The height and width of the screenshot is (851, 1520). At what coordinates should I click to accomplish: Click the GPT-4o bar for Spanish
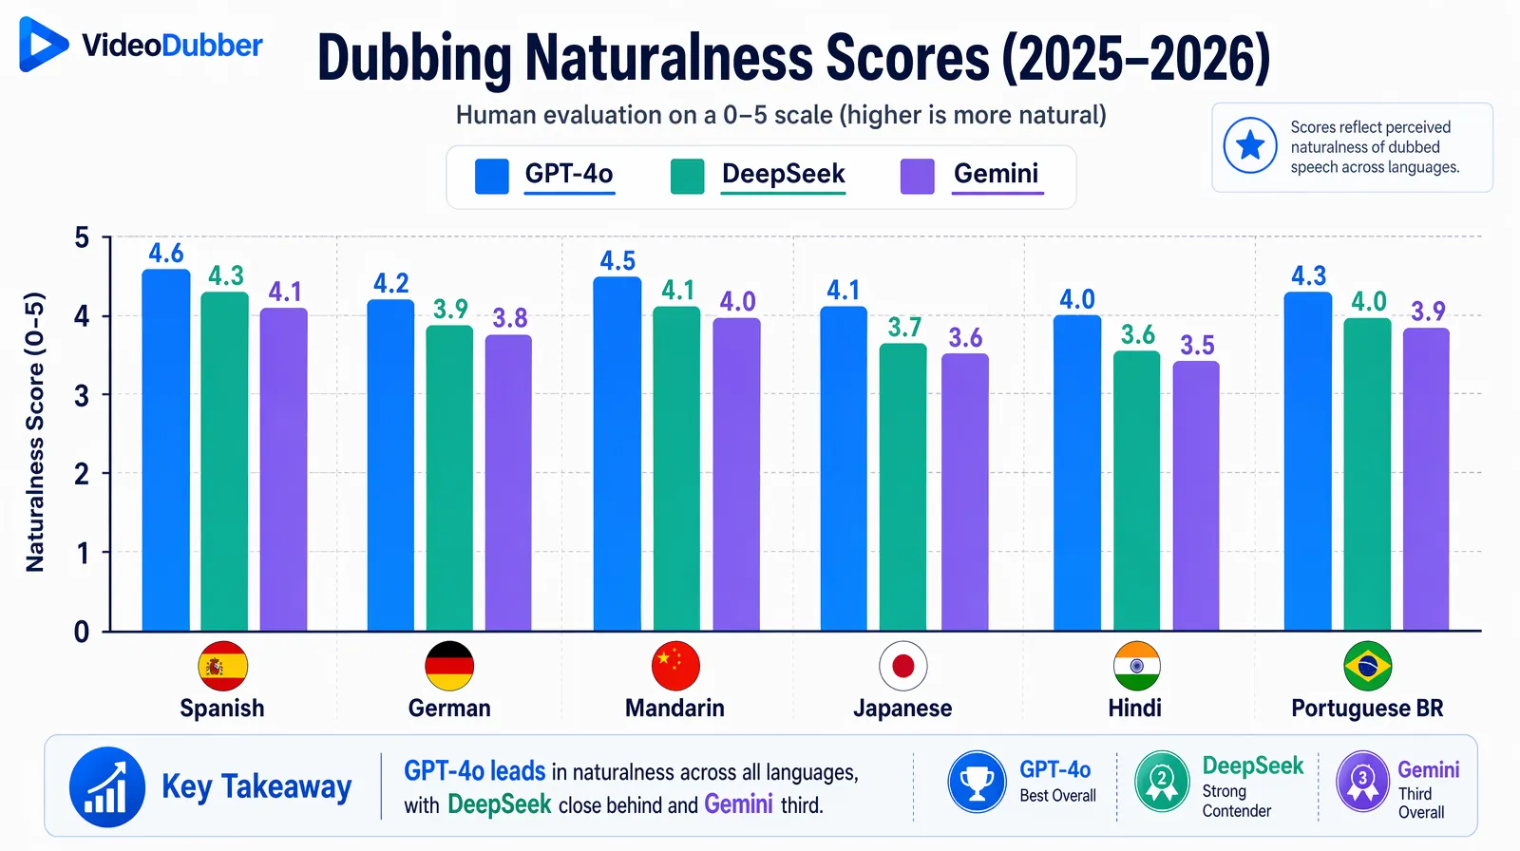coord(166,451)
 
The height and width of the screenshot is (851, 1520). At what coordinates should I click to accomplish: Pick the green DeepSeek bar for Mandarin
coord(676,469)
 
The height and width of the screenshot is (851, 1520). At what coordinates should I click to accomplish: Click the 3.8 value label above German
coord(509,318)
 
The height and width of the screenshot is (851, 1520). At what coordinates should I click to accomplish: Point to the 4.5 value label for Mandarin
coord(617,261)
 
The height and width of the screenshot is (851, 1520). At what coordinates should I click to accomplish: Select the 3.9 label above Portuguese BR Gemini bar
coord(1428,312)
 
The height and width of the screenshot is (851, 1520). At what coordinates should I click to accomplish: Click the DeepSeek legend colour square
coord(687,177)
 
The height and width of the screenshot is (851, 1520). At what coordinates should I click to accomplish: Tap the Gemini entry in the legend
coord(995,174)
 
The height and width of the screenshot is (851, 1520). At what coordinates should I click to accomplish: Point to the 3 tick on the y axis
coord(83,395)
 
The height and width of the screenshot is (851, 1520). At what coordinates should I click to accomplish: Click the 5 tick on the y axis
coord(83,237)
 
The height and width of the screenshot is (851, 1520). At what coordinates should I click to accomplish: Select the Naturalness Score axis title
coord(35,432)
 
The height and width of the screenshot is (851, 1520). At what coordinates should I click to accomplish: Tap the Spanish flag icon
coord(222,666)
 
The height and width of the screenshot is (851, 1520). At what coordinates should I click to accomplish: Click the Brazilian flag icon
coord(1367,666)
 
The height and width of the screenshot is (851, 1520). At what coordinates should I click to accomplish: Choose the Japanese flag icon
coord(902,666)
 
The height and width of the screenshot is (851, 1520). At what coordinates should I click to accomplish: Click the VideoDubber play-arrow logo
coord(42,44)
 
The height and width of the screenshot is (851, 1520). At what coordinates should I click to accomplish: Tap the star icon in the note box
coord(1250,146)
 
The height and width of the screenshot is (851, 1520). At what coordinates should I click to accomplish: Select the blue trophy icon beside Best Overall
coord(977,782)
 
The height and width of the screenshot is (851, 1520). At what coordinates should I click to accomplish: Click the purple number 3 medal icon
coord(1362,782)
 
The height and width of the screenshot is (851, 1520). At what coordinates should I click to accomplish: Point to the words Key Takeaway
coord(256,786)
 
